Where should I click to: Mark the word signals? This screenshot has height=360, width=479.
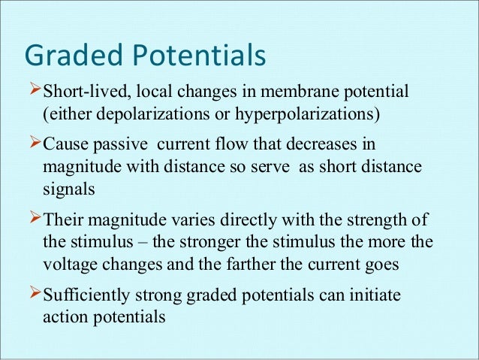(69, 189)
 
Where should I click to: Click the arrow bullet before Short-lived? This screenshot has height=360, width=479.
(33, 92)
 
